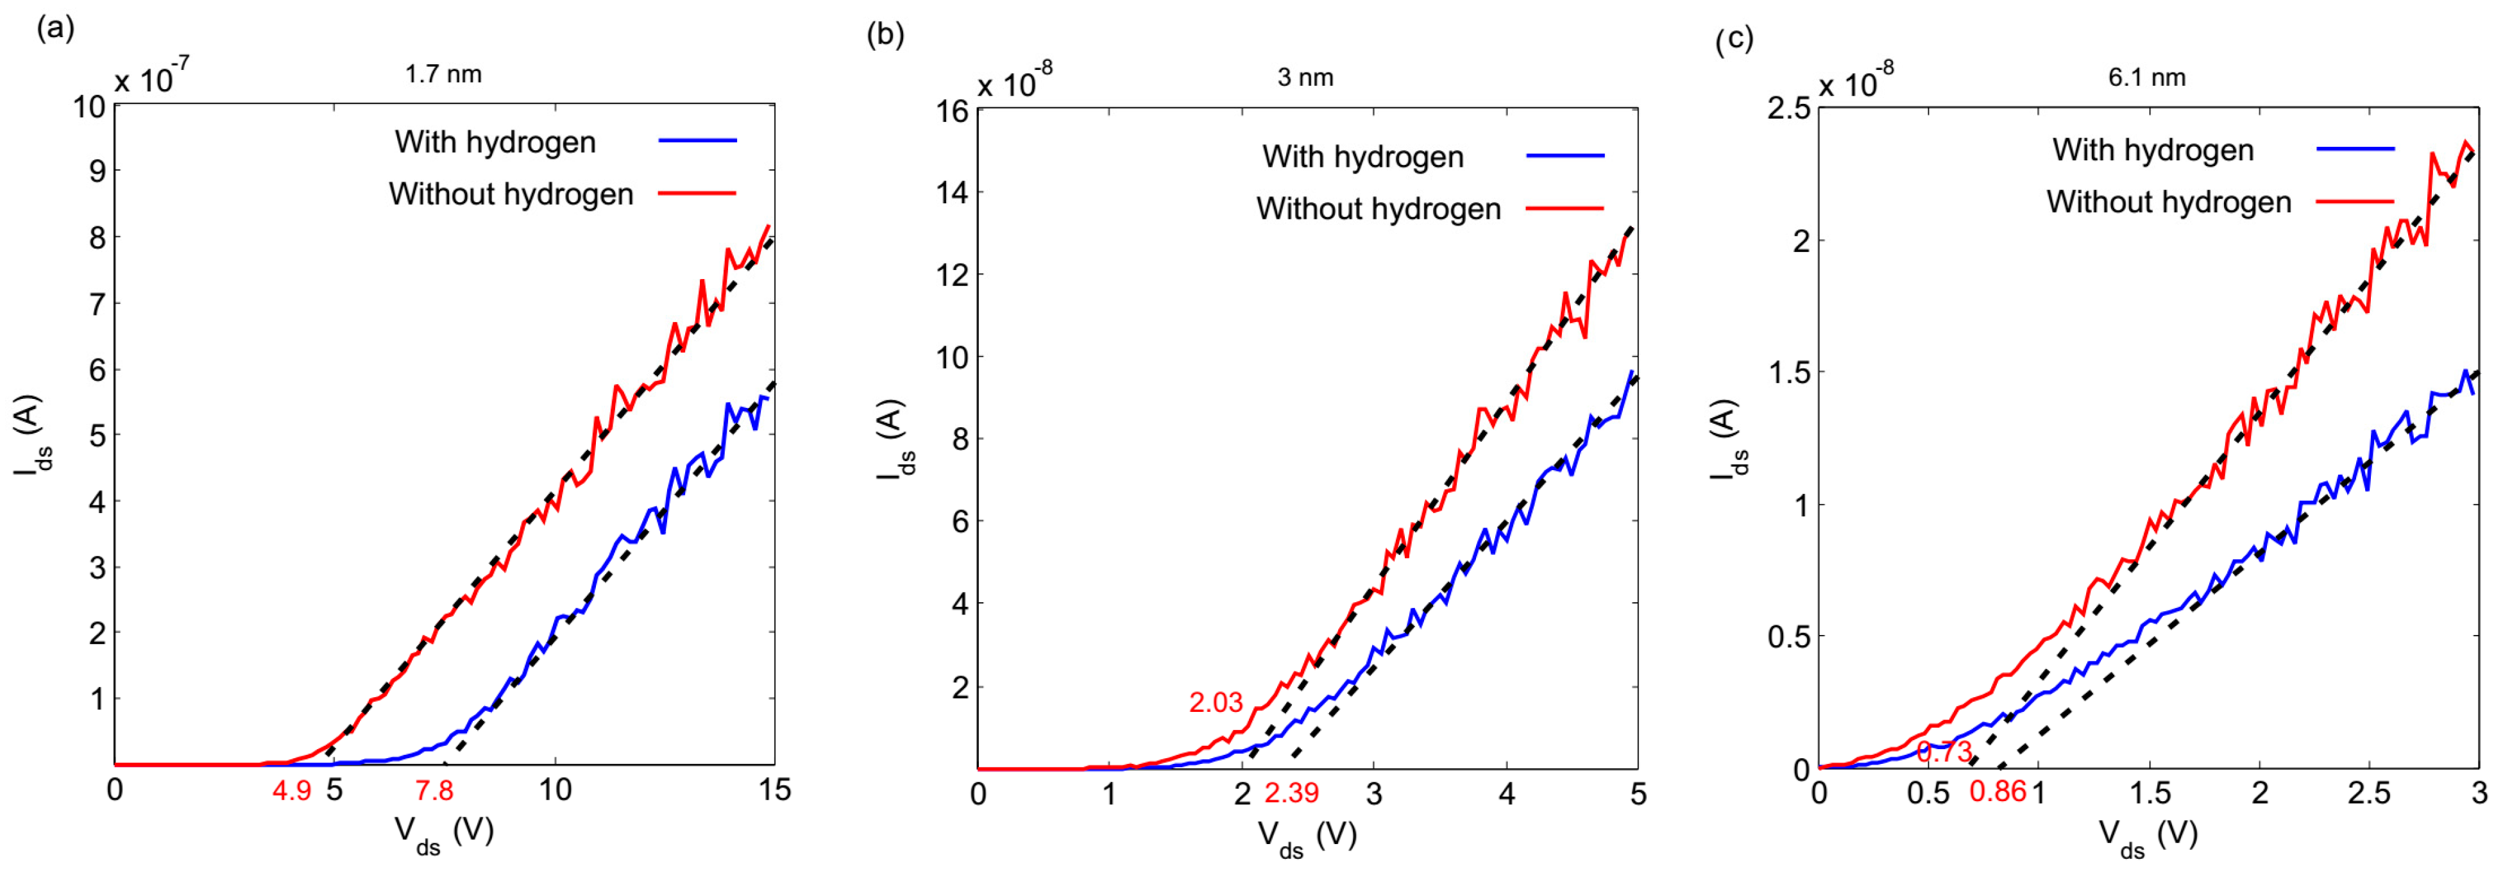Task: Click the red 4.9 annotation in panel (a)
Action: point(291,790)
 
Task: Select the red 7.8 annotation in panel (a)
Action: point(434,790)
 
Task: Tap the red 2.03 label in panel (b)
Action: point(1216,703)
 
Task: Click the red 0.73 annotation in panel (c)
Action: point(1944,752)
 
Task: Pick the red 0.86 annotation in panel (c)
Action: point(1998,792)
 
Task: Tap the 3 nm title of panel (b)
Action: point(1305,78)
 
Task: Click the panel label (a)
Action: point(55,28)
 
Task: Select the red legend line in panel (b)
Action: point(1565,208)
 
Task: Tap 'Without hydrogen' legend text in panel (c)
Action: point(2169,202)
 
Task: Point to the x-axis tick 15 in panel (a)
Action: point(774,790)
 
